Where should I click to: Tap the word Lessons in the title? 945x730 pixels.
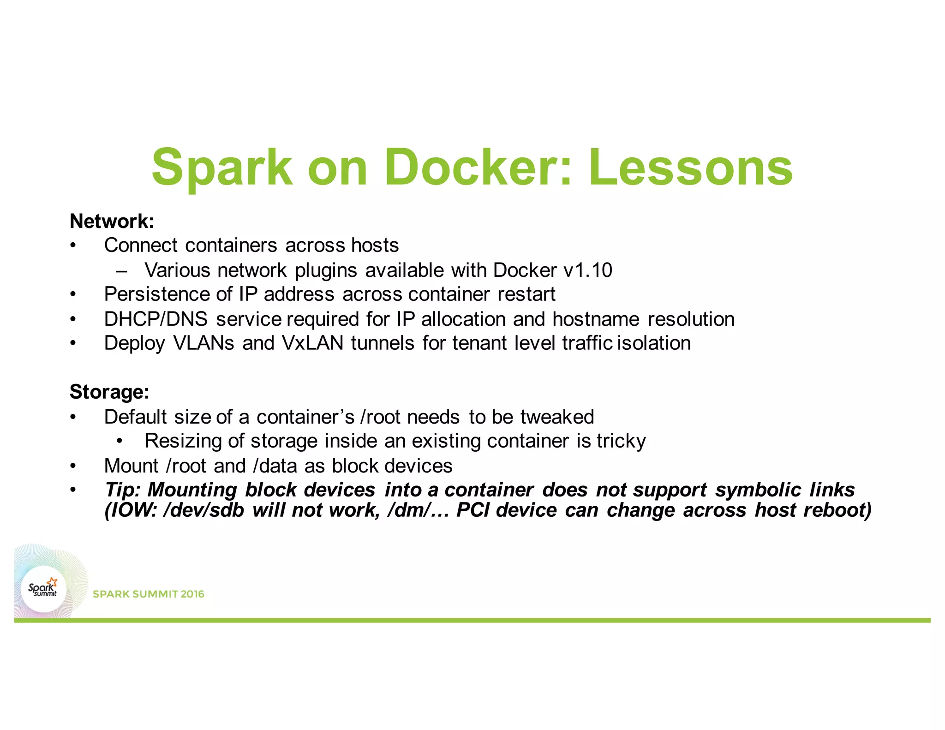[x=691, y=167]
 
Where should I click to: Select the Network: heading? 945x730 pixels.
[x=112, y=221]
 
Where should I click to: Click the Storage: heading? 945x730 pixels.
[x=109, y=392]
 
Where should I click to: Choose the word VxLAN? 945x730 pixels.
[x=312, y=343]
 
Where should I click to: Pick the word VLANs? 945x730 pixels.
[x=203, y=343]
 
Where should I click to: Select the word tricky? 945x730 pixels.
[x=621, y=441]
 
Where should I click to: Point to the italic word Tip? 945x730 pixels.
[x=122, y=490]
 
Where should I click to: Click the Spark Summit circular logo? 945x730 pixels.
[x=44, y=589]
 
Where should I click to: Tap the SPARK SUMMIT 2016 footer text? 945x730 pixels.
[x=148, y=594]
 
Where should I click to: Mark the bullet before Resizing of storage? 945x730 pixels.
[x=120, y=441]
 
